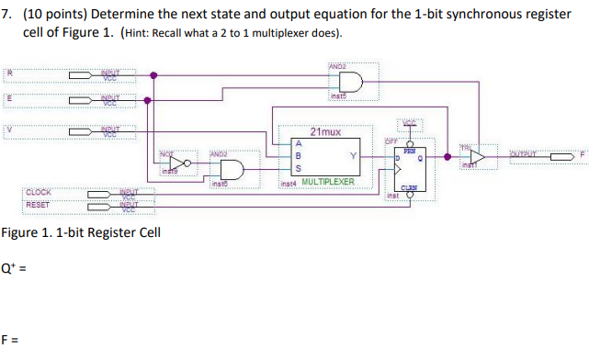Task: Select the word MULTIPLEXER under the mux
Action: (328, 182)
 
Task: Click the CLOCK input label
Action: (39, 192)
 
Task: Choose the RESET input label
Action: (38, 204)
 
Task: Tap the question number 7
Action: (7, 16)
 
